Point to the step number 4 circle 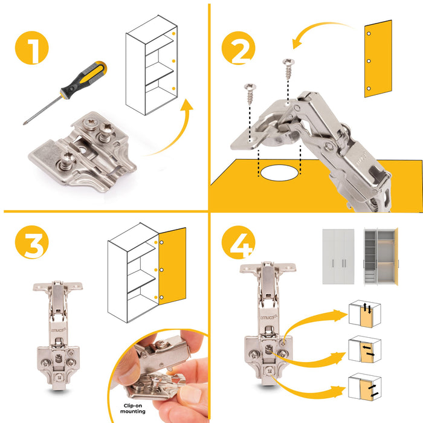pos(237,244)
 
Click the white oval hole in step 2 pos(280,173)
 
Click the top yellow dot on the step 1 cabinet pos(173,34)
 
